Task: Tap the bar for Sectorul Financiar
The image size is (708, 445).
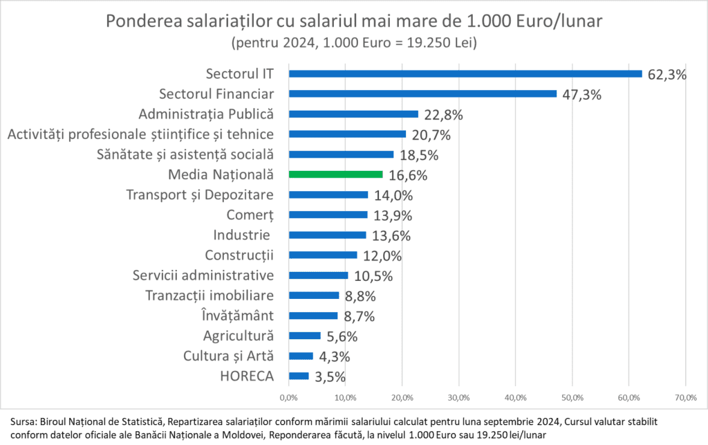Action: point(422,93)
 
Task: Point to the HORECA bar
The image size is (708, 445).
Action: point(299,376)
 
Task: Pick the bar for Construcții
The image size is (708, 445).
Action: point(323,255)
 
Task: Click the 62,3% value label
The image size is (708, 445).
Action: point(667,74)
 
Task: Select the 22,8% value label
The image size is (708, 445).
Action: point(443,114)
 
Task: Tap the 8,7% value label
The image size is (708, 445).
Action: point(359,316)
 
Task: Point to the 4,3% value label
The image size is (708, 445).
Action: point(334,356)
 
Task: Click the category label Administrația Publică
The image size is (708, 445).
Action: point(207,113)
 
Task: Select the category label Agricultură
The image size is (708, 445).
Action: point(239,336)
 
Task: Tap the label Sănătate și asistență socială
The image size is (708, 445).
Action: point(186,154)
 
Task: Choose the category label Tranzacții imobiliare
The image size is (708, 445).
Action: point(210,296)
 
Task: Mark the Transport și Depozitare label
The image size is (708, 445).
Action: point(201,194)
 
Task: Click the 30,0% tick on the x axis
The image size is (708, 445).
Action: point(458,398)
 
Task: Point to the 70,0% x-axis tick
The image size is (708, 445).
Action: point(685,398)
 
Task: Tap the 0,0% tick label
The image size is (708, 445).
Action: point(288,398)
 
